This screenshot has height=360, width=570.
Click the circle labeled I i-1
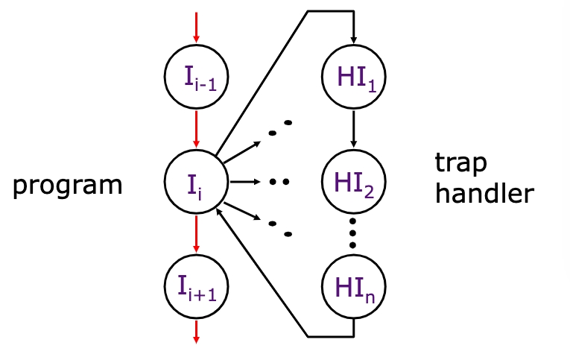(196, 76)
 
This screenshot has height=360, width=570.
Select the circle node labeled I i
(196, 180)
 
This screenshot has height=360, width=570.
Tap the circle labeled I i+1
(196, 285)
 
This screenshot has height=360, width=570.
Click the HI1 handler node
(353, 76)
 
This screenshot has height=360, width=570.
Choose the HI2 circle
(353, 180)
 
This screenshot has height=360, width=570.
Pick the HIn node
(353, 285)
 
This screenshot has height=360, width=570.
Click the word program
(67, 185)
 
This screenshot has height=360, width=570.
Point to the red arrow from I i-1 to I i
(196, 127)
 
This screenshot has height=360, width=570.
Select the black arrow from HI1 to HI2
(353, 127)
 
